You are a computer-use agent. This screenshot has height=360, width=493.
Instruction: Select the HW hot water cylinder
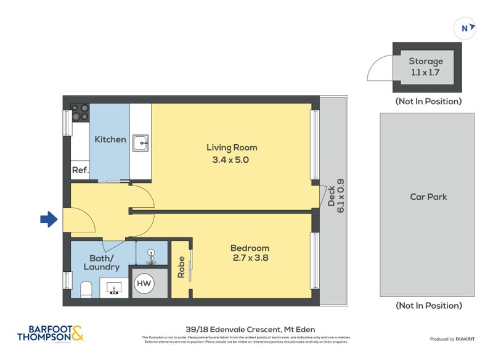click(x=144, y=284)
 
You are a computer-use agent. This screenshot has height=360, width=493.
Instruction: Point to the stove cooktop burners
click(x=80, y=112)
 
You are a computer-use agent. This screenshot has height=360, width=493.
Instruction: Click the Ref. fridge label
click(x=80, y=170)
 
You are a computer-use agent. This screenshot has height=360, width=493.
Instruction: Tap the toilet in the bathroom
click(x=87, y=288)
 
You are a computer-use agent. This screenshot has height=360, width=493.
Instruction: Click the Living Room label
click(x=232, y=147)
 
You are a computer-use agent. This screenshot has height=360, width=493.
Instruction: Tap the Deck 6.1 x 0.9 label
click(x=336, y=199)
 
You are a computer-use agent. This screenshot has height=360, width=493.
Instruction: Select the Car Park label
click(x=428, y=197)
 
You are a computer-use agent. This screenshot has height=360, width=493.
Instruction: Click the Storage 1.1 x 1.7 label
click(x=426, y=67)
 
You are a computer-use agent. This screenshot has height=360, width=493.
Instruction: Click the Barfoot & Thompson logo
click(x=49, y=333)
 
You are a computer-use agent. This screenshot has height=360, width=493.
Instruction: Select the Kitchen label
click(x=110, y=139)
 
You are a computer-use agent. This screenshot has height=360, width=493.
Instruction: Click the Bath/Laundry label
click(x=102, y=263)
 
